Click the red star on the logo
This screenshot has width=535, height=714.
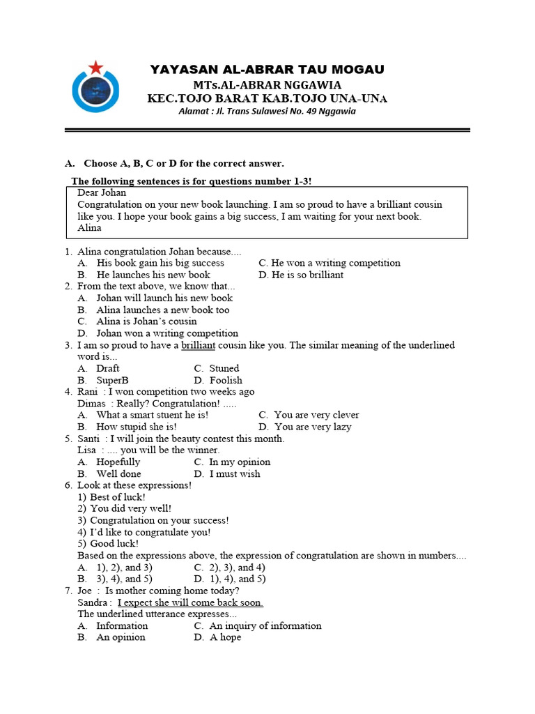[x=96, y=67]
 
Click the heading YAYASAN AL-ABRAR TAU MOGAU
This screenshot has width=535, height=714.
[x=267, y=69]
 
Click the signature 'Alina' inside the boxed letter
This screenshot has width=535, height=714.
[x=89, y=227]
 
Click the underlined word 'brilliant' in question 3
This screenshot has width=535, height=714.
[x=199, y=345]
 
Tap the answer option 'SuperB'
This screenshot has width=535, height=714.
[x=112, y=380]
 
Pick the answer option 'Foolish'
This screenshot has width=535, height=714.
[x=226, y=380]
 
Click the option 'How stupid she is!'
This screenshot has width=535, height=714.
[x=136, y=427]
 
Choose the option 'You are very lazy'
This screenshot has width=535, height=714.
[x=313, y=427]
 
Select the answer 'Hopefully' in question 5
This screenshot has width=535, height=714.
[x=118, y=462]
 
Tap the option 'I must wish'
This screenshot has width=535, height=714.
[x=235, y=473]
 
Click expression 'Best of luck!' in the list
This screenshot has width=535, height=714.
[x=118, y=497]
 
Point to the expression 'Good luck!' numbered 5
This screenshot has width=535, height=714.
[x=114, y=544]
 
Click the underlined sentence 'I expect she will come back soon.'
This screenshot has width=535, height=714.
[x=190, y=602]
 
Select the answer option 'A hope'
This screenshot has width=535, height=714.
[x=225, y=637]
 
